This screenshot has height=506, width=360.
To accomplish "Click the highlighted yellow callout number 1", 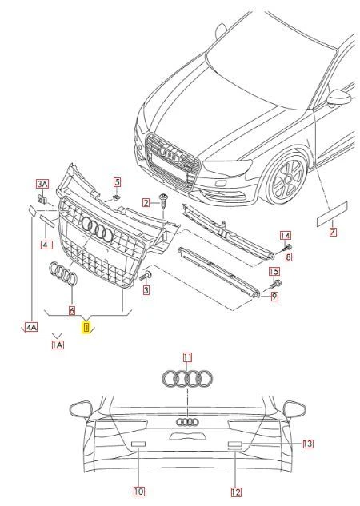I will (86, 325).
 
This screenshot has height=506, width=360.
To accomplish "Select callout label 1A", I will (58, 345).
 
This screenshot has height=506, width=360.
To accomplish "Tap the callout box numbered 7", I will (334, 232).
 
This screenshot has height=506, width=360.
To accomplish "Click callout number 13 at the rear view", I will (308, 443).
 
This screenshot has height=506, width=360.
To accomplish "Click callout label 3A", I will (42, 184).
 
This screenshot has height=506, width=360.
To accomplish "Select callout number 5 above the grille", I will (116, 181).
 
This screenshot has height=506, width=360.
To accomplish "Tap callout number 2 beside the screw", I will (146, 202).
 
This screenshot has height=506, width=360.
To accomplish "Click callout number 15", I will (274, 273).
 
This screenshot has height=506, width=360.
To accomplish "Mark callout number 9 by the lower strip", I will (274, 297).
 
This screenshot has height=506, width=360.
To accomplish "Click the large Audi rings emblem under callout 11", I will (187, 378).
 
